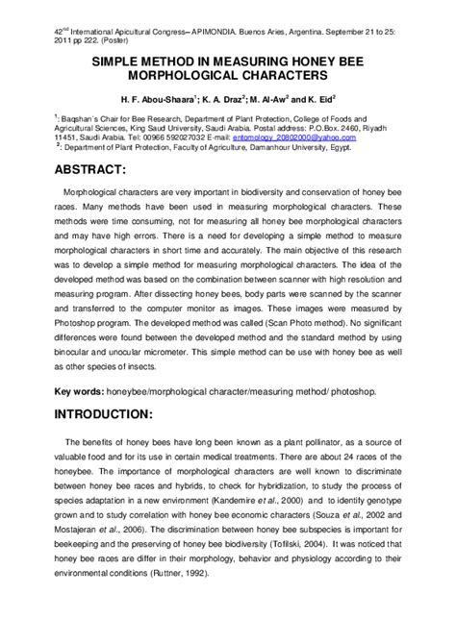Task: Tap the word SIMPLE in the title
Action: click(x=118, y=59)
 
